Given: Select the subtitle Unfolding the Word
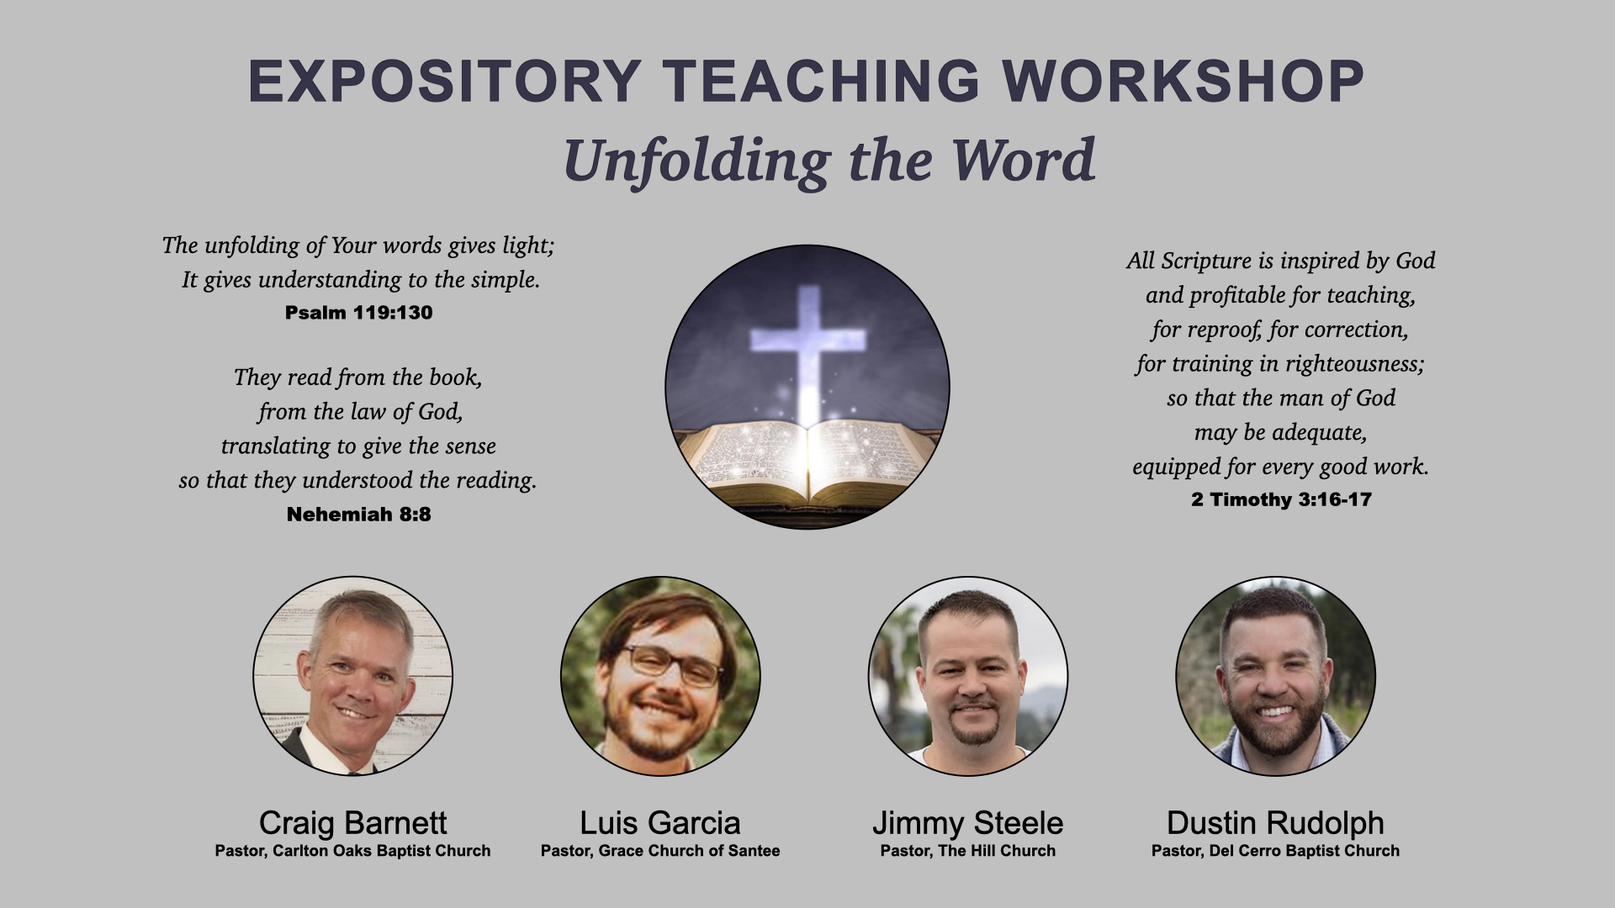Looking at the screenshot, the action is click(829, 160).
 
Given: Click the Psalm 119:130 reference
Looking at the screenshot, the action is click(358, 313).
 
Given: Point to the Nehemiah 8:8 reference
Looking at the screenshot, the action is click(358, 515).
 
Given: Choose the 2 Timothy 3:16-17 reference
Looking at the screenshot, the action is click(1281, 499).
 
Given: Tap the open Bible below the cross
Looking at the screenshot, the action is click(808, 462).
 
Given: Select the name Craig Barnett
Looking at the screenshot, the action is click(352, 822).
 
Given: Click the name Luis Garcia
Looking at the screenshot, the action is click(660, 822).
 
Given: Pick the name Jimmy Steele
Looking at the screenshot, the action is click(967, 822).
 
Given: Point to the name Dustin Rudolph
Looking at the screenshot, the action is click(1275, 822).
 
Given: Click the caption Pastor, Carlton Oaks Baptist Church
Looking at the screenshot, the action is click(352, 851).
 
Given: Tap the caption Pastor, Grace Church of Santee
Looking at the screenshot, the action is click(660, 851).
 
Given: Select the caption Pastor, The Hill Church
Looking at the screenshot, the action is click(967, 851).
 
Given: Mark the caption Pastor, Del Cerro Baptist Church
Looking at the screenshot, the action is click(1275, 851).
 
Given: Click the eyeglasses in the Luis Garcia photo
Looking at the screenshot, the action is click(673, 664).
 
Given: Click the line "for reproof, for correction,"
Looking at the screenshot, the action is click(1280, 330).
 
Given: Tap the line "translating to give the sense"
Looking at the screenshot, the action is click(358, 446).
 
